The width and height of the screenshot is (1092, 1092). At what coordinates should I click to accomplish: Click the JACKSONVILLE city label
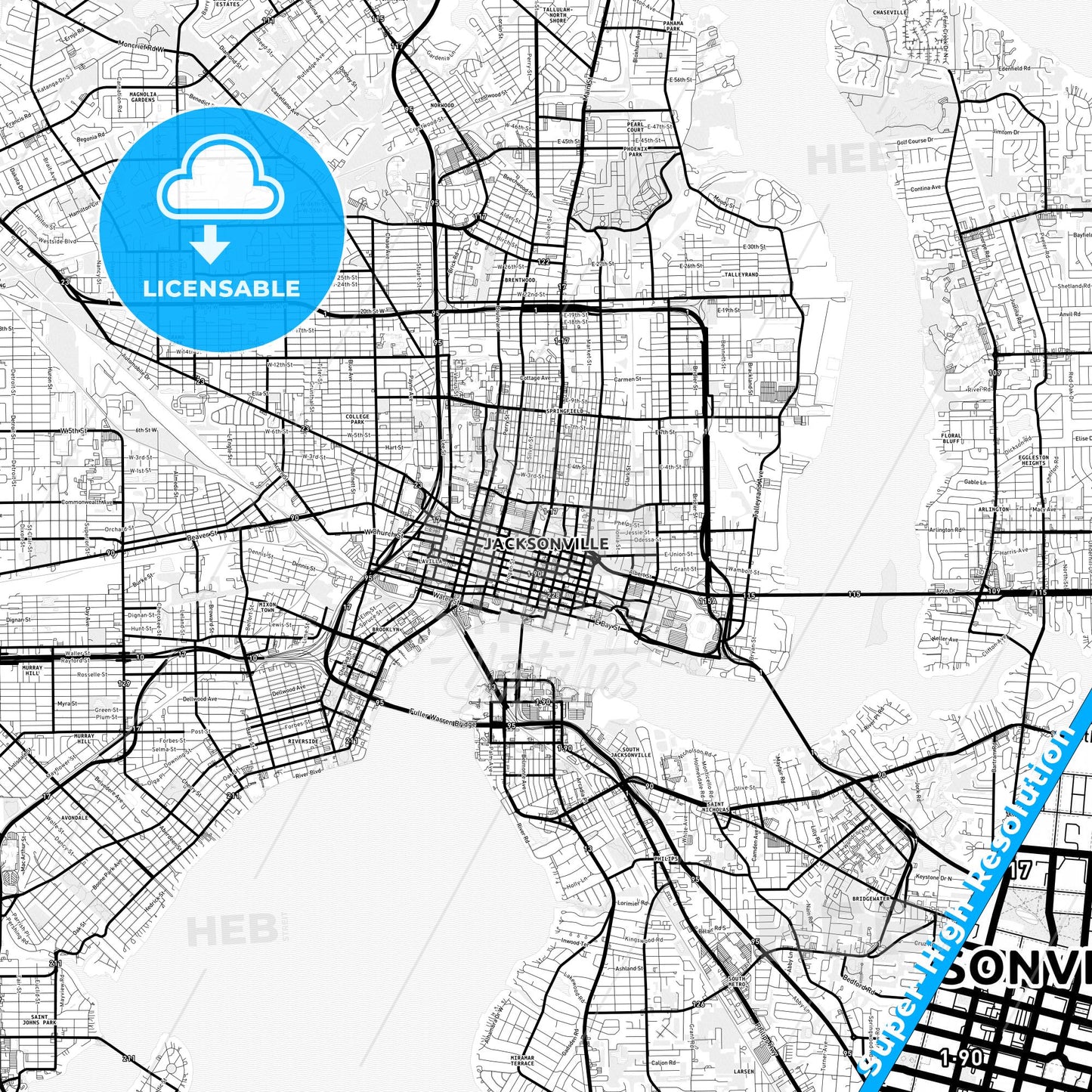[546, 544]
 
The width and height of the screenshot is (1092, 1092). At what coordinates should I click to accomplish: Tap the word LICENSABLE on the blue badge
[221, 288]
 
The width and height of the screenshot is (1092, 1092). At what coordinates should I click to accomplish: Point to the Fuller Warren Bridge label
[441, 718]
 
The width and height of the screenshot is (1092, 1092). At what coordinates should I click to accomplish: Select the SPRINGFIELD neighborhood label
[564, 410]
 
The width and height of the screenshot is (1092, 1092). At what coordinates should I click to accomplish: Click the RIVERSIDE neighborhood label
[302, 741]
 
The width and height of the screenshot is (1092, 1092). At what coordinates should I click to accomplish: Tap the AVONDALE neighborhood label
[75, 818]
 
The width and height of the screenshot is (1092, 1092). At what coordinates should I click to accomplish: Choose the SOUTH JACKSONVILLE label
[631, 752]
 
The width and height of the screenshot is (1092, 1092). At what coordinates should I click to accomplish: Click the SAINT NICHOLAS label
[715, 807]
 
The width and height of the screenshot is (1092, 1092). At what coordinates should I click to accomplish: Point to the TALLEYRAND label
[740, 275]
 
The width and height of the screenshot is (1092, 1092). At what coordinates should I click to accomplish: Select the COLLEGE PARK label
[357, 419]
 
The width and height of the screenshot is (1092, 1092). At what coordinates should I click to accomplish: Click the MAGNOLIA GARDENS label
[143, 97]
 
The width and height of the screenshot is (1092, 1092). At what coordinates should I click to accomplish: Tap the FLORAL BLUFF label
[951, 438]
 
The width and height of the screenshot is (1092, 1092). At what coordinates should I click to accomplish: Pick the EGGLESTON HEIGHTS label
[1033, 459]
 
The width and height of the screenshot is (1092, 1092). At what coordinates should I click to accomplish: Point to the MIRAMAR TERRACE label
[521, 1061]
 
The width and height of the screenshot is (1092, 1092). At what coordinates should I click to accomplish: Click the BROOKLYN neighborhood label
[385, 629]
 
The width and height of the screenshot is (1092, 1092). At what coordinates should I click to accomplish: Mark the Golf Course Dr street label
[914, 141]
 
